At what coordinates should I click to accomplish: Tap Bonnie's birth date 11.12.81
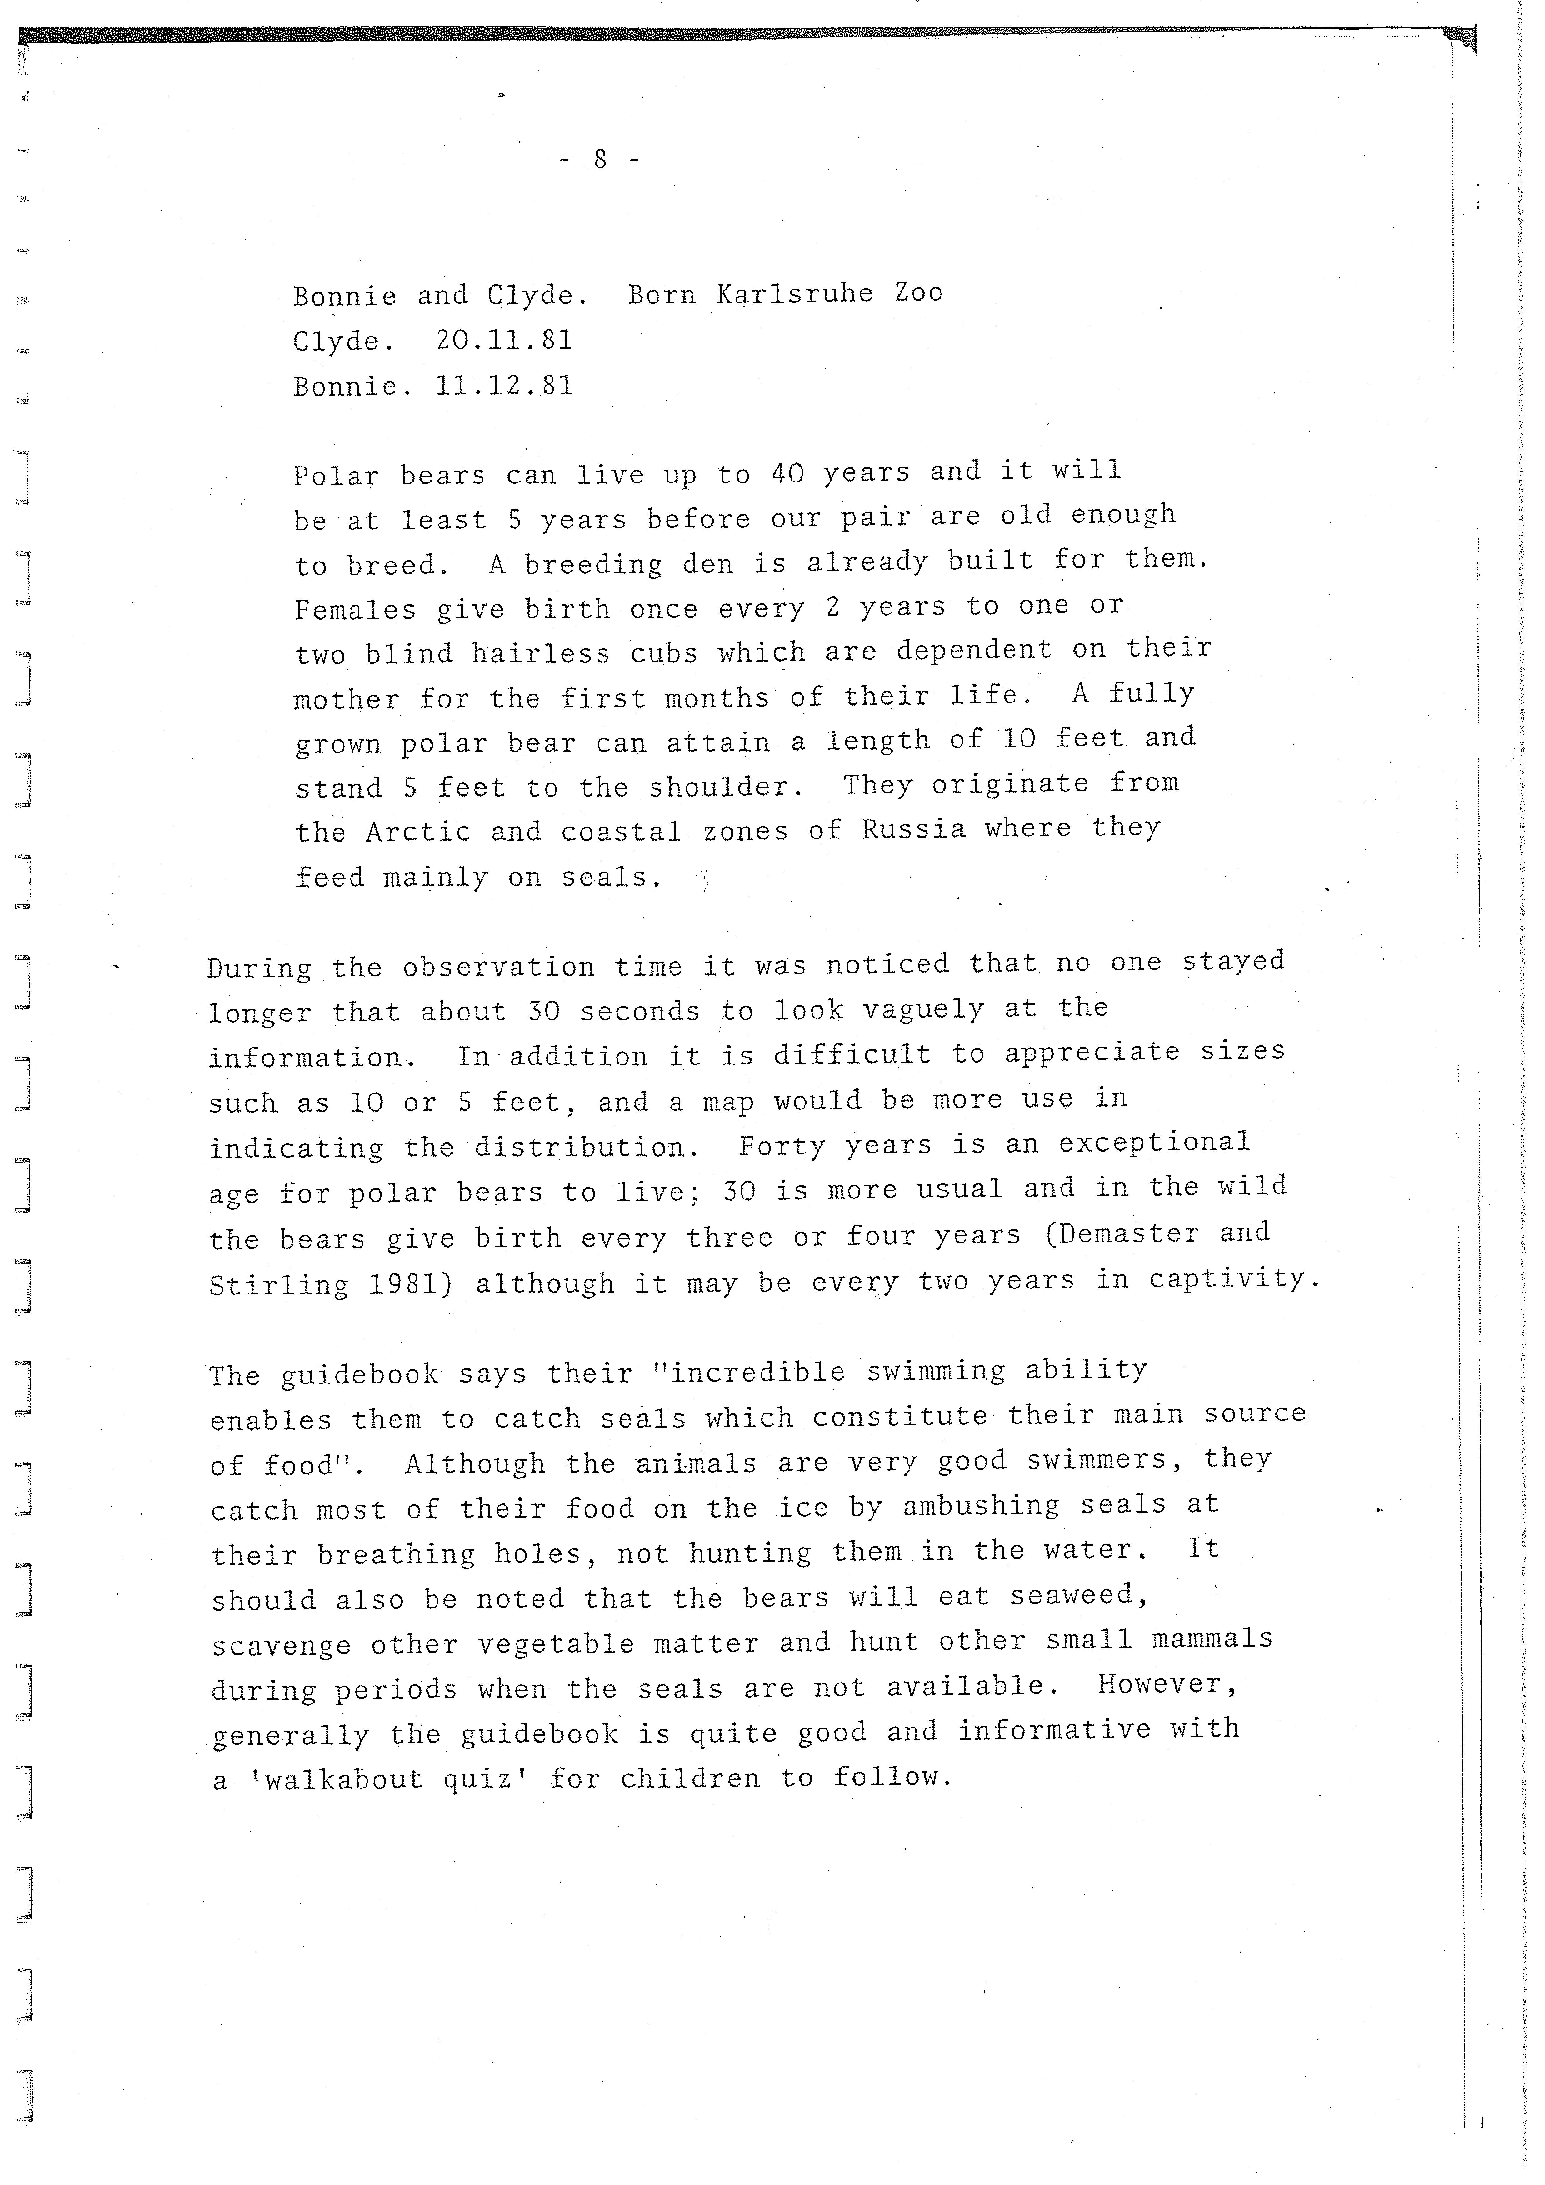pos(504,385)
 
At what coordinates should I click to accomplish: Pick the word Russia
pos(913,829)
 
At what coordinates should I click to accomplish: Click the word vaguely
pos(923,1009)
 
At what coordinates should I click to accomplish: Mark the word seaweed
pos(1078,1594)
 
